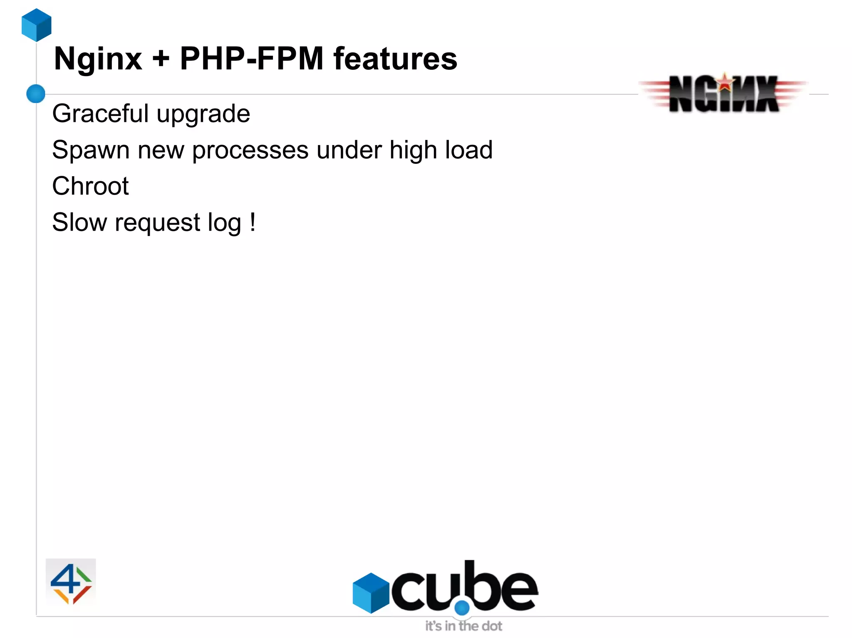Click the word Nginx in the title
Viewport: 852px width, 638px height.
coord(98,59)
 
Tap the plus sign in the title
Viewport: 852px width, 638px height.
coord(161,59)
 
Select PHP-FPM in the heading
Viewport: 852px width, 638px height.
coord(252,59)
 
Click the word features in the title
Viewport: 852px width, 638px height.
coord(395,59)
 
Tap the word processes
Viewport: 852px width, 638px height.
coord(250,150)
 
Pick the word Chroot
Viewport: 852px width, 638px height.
coord(90,186)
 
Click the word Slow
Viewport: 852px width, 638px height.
coord(79,222)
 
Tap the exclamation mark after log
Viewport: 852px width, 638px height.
coord(253,222)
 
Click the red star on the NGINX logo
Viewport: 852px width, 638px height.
coord(725,82)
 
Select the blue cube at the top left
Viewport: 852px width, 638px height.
coord(37,25)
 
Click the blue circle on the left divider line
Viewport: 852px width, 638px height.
coord(36,94)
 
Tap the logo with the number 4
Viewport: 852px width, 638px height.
coord(71,583)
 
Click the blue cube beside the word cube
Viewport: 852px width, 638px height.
coord(371,593)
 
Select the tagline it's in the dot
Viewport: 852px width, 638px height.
coord(463,626)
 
